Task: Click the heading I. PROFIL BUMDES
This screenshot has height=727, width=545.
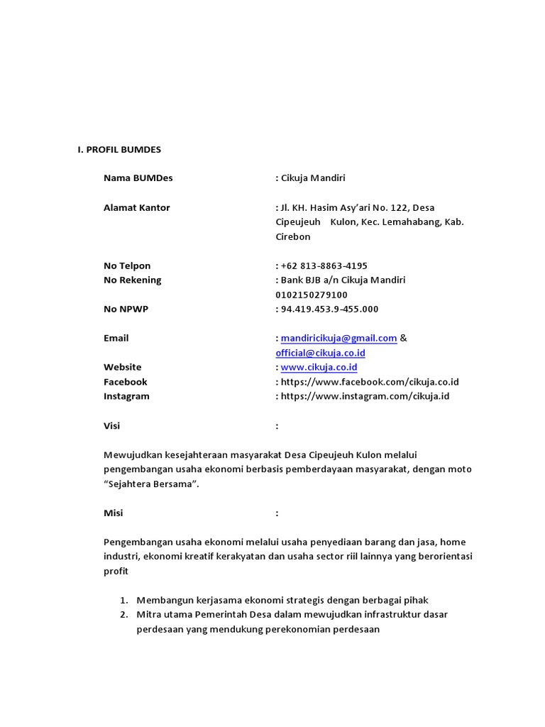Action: coord(119,150)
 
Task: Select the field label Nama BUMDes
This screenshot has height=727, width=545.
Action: coord(138,178)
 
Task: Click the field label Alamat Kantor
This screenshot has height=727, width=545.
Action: coord(136,207)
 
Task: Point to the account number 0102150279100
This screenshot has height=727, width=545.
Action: coord(312,295)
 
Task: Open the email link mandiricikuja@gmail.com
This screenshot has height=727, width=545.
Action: coord(338,338)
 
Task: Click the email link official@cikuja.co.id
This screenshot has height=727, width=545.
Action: coord(321,353)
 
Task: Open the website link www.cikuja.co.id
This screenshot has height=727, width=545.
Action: coord(319,367)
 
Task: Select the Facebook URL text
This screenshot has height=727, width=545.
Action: coord(370,382)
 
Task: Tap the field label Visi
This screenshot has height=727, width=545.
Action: coord(111,426)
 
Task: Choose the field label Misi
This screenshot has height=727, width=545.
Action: coord(113,513)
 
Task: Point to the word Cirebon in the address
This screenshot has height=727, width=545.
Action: coord(293,236)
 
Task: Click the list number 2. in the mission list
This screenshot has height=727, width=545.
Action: coord(123,614)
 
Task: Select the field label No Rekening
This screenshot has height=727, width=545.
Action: coord(132,280)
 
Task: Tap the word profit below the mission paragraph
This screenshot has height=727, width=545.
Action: coord(116,571)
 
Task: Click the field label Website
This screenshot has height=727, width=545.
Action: coord(122,367)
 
